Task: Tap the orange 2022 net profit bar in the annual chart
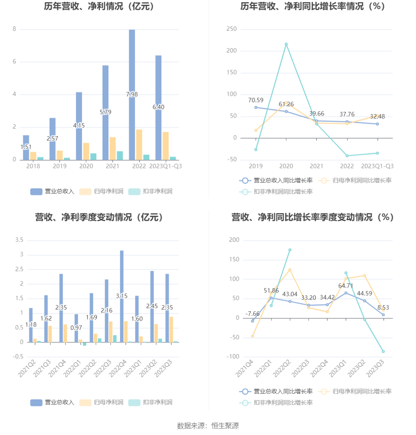(x=139, y=145)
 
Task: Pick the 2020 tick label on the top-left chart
(x=86, y=166)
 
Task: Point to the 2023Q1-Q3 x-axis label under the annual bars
(x=165, y=166)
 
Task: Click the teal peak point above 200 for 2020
(x=286, y=44)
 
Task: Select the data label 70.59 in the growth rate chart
(x=256, y=100)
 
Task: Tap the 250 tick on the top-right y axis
(x=232, y=29)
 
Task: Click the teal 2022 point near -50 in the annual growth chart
(x=347, y=156)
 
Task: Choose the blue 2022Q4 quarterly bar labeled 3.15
(x=122, y=275)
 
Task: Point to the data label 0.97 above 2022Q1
(x=76, y=328)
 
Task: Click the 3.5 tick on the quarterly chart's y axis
(x=19, y=240)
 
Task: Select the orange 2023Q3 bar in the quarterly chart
(x=171, y=330)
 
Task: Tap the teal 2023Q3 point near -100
(x=383, y=351)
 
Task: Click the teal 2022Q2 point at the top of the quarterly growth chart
(x=290, y=250)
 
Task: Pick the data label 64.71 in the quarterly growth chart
(x=346, y=286)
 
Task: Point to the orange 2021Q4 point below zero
(x=253, y=336)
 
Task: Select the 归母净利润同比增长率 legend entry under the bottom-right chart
(x=362, y=391)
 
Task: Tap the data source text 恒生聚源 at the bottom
(x=225, y=426)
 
